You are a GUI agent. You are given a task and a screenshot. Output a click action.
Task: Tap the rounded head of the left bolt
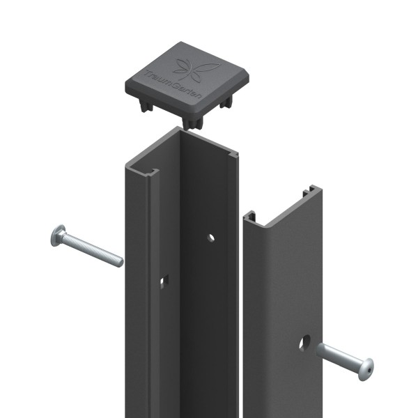click(57, 236)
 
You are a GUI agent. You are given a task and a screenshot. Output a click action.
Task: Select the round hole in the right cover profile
click(306, 343)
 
